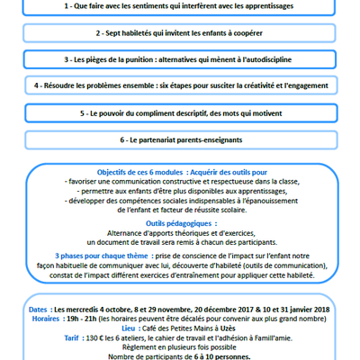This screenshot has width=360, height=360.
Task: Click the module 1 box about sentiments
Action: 180,5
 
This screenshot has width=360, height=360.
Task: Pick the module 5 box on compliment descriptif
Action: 180,114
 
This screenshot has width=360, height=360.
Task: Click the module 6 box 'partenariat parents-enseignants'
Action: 180,141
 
